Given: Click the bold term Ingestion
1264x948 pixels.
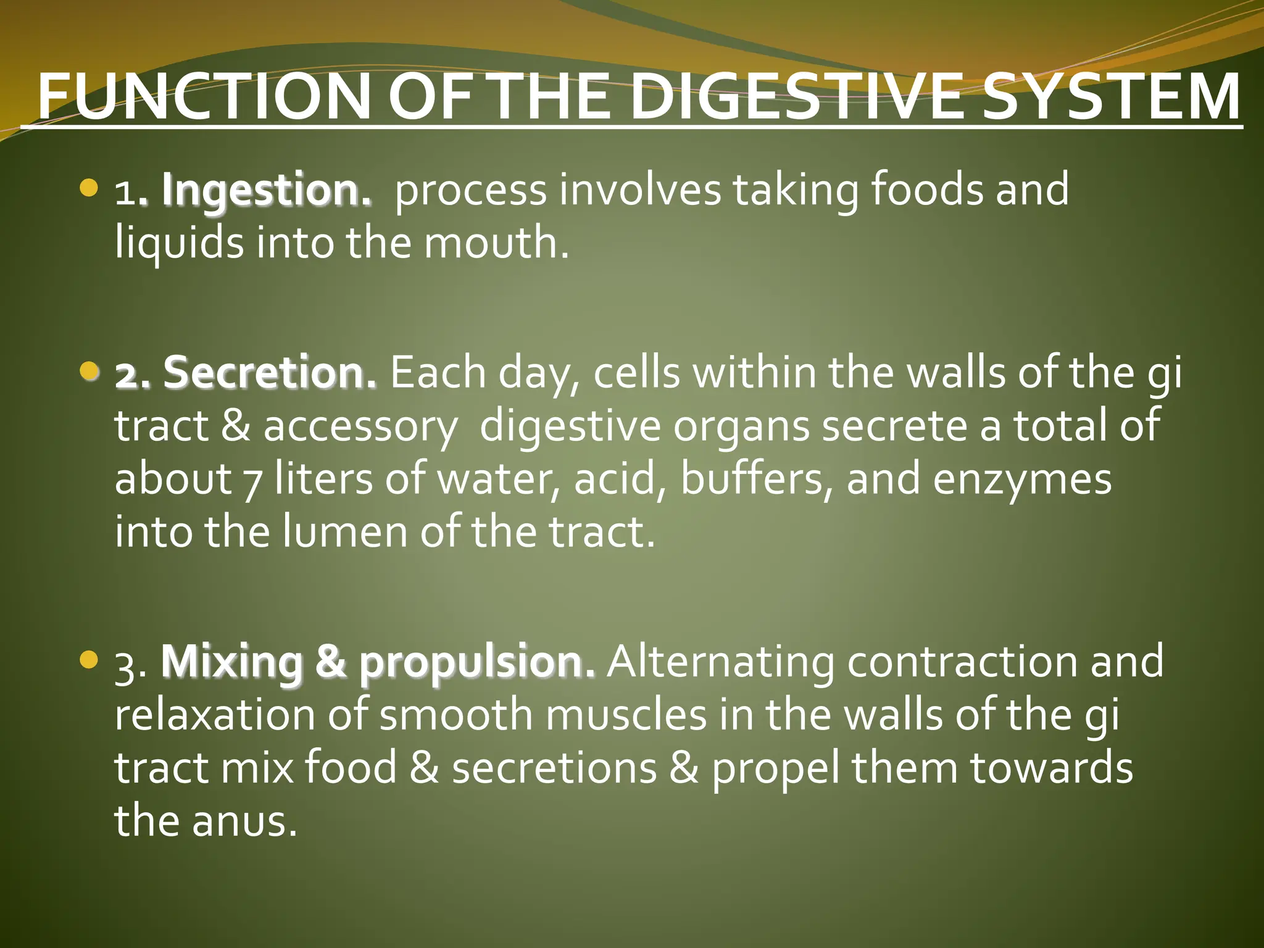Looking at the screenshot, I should click(267, 191).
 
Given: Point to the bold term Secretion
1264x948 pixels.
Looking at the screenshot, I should click(270, 373).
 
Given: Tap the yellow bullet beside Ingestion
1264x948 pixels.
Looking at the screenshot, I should click(89, 188).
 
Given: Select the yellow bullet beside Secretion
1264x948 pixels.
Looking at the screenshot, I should click(89, 370).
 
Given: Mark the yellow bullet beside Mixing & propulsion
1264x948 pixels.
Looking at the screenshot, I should click(89, 660).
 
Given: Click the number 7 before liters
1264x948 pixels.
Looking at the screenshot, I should click(252, 482).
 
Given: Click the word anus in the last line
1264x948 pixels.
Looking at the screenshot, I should click(244, 821).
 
